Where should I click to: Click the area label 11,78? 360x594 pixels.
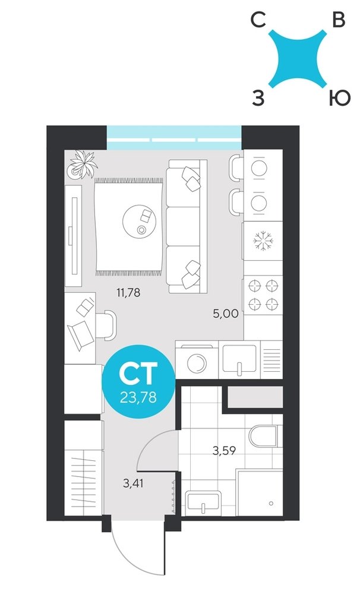pos(128,292)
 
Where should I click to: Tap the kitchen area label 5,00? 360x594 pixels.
pos(226,314)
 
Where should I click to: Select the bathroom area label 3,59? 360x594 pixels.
pos(224,451)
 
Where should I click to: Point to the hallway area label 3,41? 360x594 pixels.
pos(133,483)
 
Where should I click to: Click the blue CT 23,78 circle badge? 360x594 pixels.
pos(138,381)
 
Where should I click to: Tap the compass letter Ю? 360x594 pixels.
pos(339,99)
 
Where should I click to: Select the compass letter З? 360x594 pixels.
pos(258,99)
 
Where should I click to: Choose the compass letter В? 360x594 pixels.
pos(339,20)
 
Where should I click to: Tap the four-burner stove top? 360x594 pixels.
pos(263,295)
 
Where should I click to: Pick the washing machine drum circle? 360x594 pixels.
pos(197,364)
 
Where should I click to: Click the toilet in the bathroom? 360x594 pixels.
pos(266,436)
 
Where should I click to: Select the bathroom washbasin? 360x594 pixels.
pos(203,501)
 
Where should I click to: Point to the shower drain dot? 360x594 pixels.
pos(271,504)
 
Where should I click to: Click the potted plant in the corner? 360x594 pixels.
pos(82,165)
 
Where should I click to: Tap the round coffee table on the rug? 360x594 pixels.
pos(139,221)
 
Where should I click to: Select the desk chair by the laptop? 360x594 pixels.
pos(106,326)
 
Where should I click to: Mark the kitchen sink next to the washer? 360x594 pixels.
pos(239,359)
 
